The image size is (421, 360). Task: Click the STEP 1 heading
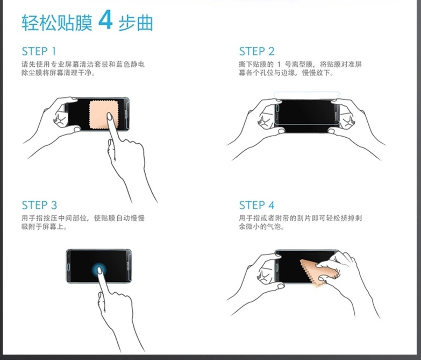pyautogui.click(x=39, y=51)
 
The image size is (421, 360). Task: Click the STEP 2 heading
pyautogui.click(x=257, y=51)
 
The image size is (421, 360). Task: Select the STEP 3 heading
pyautogui.click(x=39, y=205)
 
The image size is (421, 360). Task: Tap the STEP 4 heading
pyautogui.click(x=257, y=205)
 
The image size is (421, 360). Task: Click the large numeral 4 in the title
pyautogui.click(x=105, y=19)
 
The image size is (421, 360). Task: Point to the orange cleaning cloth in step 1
pyautogui.click(x=103, y=115)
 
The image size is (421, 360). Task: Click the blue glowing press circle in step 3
pyautogui.click(x=99, y=269)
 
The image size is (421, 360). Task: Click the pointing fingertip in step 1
pyautogui.click(x=109, y=116)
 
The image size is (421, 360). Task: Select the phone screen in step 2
pyautogui.click(x=306, y=116)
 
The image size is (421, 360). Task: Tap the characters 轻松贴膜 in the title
pyautogui.click(x=57, y=23)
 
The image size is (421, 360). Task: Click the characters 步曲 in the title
pyautogui.click(x=135, y=23)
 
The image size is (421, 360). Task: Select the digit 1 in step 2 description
pyautogui.click(x=279, y=65)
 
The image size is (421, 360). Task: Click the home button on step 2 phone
pyautogui.click(x=277, y=108)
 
